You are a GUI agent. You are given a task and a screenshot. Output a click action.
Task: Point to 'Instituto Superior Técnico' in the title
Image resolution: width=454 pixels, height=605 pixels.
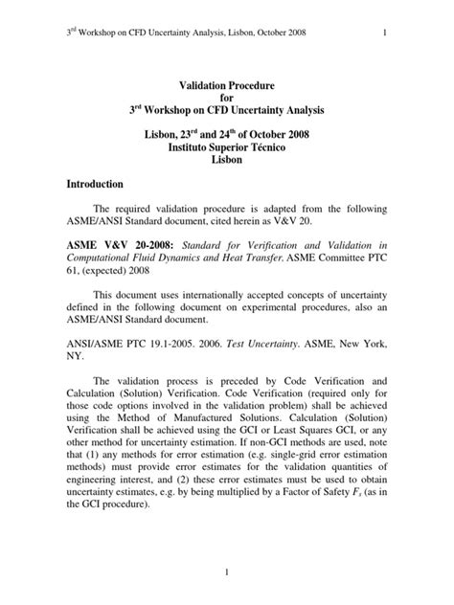point(227,146)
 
